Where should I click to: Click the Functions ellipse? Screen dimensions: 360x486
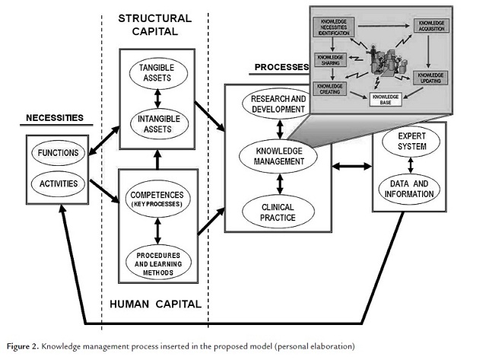tap(57, 153)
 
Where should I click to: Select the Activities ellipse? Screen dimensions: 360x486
tap(57, 183)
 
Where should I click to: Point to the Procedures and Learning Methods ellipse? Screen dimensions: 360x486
tap(155, 260)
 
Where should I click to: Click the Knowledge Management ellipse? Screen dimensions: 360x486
tap(279, 155)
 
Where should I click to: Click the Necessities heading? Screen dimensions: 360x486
tap(54, 118)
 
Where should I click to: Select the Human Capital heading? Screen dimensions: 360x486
tap(155, 304)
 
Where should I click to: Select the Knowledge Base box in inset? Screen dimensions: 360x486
tap(384, 97)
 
